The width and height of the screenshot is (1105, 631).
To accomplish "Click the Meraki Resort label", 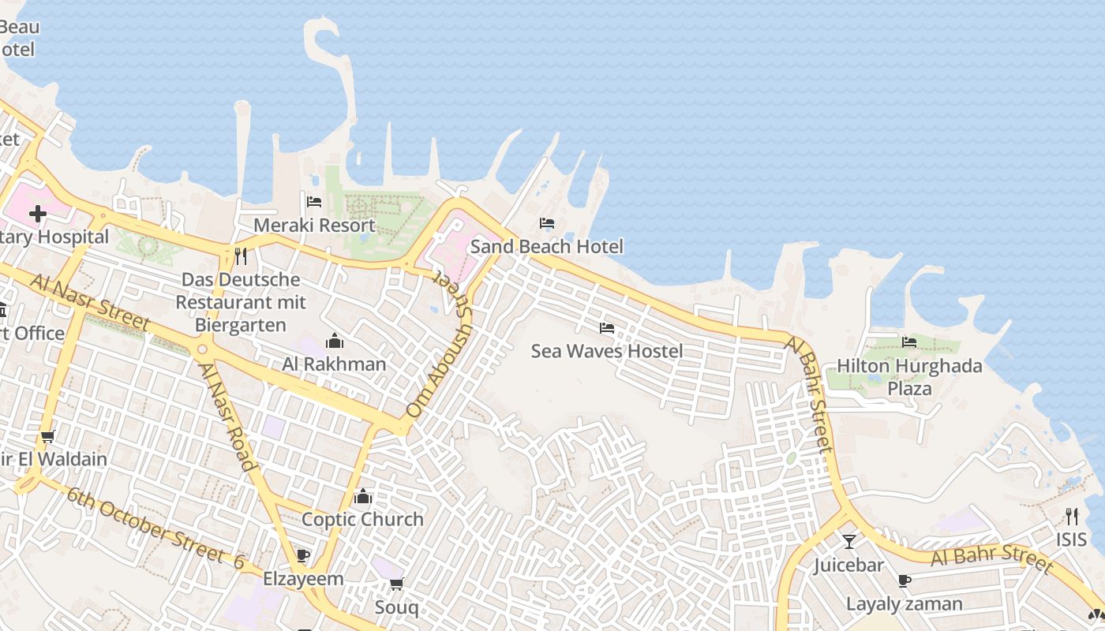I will [x=314, y=226].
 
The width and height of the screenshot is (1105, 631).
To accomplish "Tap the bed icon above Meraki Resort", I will [x=314, y=202].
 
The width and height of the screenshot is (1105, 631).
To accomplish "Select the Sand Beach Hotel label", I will [x=546, y=247].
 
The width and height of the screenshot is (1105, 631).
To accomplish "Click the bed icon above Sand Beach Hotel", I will [x=547, y=223].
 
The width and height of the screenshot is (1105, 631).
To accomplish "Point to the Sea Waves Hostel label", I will [x=606, y=351].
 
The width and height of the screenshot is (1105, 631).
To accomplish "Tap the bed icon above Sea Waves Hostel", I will [x=607, y=327].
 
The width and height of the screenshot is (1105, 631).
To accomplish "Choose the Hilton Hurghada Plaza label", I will [x=909, y=377].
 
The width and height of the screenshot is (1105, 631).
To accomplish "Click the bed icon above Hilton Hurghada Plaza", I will [x=909, y=342].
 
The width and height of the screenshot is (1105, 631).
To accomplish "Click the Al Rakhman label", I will [x=334, y=364].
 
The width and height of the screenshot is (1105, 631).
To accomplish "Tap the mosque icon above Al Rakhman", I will [x=335, y=341].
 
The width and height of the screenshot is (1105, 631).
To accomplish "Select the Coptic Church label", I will [x=362, y=520].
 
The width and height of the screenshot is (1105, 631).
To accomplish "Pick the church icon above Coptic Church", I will [x=363, y=496].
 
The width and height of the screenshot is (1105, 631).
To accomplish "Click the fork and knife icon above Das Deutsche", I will [x=241, y=256].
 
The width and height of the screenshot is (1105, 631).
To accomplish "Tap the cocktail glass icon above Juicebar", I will [x=848, y=542].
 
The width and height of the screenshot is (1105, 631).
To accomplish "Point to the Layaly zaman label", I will [x=904, y=604].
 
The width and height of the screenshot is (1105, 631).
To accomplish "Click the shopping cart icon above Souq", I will [x=396, y=584].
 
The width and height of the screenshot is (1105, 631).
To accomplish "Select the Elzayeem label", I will [x=303, y=579].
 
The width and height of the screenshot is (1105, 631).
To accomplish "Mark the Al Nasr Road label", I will [x=228, y=416].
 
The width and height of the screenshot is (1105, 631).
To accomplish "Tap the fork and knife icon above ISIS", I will [x=1071, y=517].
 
